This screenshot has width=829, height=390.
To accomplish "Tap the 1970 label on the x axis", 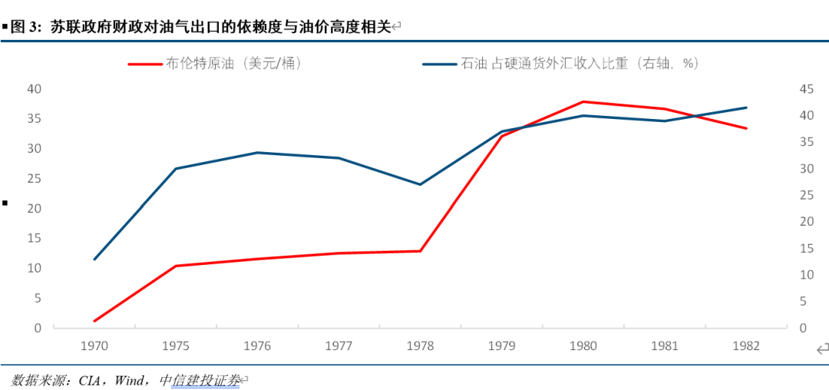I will (x=94, y=346).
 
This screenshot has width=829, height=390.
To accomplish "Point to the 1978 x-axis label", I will (x=420, y=346).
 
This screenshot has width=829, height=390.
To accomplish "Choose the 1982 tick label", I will (x=745, y=346).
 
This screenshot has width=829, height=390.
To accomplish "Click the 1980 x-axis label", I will (x=583, y=346).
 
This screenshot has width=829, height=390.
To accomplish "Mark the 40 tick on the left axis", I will (x=33, y=88).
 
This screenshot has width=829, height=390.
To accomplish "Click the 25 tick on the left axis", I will (x=33, y=178).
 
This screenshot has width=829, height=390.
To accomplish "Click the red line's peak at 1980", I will (x=583, y=101).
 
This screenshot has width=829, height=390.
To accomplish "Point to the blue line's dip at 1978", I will (x=420, y=184).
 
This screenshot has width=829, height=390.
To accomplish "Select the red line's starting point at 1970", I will (x=94, y=321).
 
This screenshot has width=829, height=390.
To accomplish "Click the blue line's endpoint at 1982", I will (x=745, y=107).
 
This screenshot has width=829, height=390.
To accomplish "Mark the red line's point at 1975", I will (x=176, y=266).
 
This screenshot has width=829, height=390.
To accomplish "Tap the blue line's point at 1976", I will (x=257, y=153).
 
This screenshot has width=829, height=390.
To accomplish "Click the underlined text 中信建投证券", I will (x=200, y=380).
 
